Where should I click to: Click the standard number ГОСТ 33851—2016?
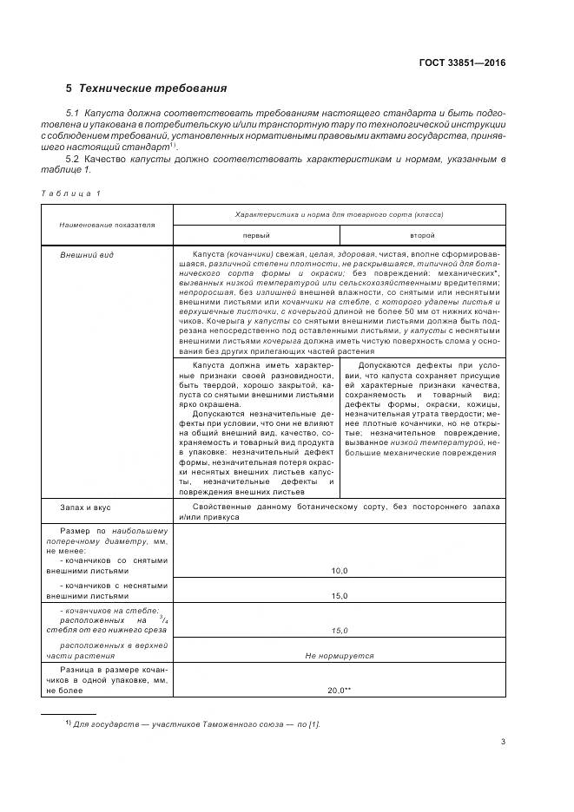click(463, 63)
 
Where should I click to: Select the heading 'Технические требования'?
click(153, 88)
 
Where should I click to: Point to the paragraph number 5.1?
click(76, 114)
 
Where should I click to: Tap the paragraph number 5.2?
click(76, 159)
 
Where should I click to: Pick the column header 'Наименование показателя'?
click(107, 224)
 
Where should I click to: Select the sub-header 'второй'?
click(422, 235)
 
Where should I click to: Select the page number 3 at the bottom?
click(503, 741)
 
